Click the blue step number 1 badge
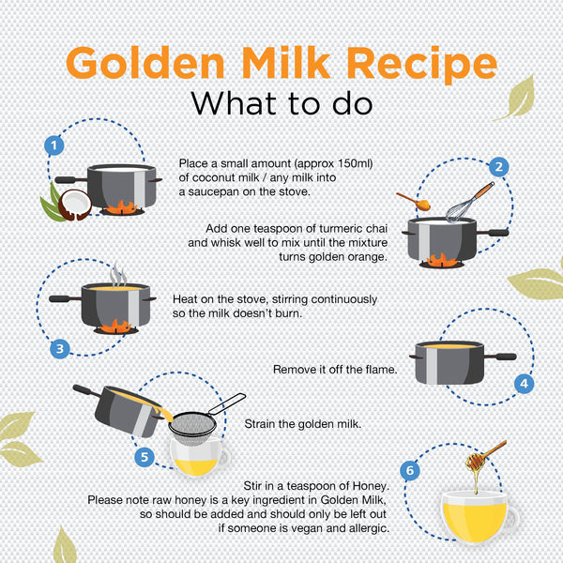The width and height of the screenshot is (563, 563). pyautogui.click(x=54, y=145)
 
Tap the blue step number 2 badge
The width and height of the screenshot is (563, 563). pyautogui.click(x=499, y=167)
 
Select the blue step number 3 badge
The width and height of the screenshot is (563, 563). pyautogui.click(x=60, y=349)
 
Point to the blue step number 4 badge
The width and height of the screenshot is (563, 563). pyautogui.click(x=524, y=384)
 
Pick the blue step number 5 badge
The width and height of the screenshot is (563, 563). pyautogui.click(x=145, y=457)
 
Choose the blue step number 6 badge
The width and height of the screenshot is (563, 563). pyautogui.click(x=410, y=470)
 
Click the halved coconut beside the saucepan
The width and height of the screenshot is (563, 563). pyautogui.click(x=75, y=205)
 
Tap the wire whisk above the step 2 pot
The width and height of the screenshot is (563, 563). pyautogui.click(x=468, y=203)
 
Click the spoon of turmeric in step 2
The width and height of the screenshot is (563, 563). pyautogui.click(x=414, y=202)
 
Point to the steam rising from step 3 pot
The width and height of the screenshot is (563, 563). pyautogui.click(x=118, y=275)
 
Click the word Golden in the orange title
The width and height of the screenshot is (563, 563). pyautogui.click(x=145, y=63)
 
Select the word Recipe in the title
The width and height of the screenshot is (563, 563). pyautogui.click(x=421, y=66)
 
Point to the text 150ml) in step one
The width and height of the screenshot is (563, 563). pyautogui.click(x=355, y=163)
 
